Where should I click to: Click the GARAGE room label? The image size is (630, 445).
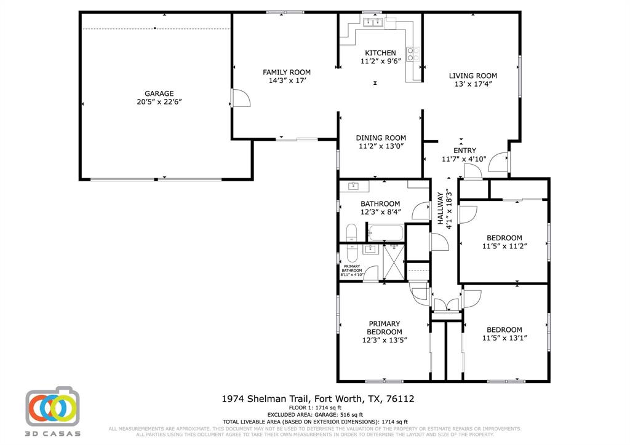tap(159, 94)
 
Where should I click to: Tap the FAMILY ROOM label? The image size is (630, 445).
tap(287, 72)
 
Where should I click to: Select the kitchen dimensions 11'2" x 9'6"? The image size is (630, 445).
tap(380, 61)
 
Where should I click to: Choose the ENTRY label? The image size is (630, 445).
tap(465, 151)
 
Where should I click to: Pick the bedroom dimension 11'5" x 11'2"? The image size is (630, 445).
tap(504, 246)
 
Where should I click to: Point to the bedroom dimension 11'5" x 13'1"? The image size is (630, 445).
tap(504, 337)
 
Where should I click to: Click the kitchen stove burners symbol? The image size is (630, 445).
tap(413, 55)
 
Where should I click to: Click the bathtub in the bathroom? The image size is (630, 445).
tap(385, 234)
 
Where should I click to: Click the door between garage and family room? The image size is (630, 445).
tap(240, 98)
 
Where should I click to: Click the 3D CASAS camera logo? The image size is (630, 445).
tap(53, 408)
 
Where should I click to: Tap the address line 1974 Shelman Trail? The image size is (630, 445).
tap(317, 399)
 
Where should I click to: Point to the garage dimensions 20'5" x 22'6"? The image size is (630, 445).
tap(159, 102)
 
